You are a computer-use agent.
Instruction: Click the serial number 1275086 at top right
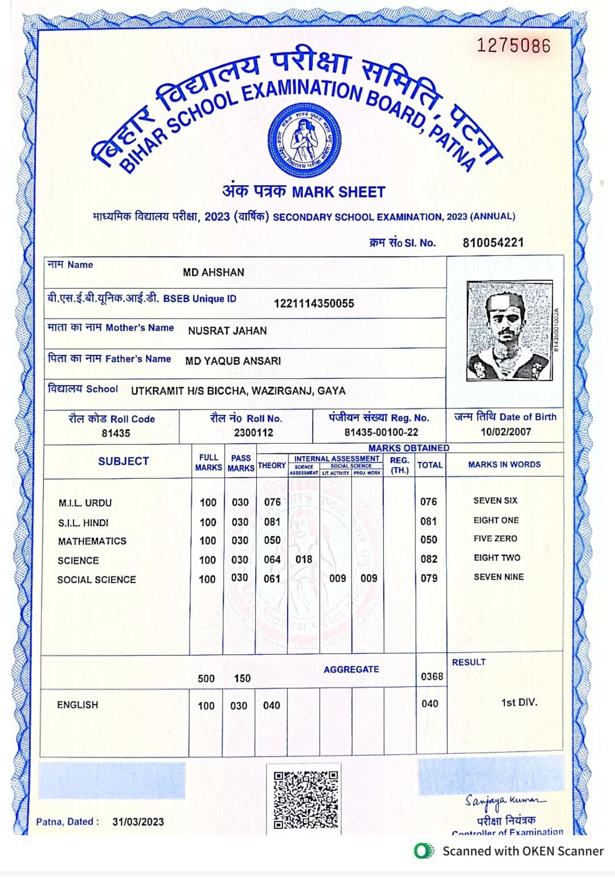click(x=513, y=46)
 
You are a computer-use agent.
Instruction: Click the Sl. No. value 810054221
click(x=493, y=243)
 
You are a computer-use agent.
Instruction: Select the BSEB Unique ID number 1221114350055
click(x=314, y=303)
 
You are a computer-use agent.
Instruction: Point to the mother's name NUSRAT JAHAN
click(x=227, y=330)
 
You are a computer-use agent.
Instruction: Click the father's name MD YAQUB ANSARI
click(x=233, y=361)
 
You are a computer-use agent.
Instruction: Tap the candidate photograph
click(x=509, y=330)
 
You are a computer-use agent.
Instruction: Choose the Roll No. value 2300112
click(x=253, y=432)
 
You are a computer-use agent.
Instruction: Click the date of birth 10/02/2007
click(x=506, y=431)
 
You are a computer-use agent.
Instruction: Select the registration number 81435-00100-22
click(x=381, y=432)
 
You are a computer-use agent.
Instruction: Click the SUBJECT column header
click(x=123, y=461)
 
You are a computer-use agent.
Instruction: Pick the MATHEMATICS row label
click(x=92, y=541)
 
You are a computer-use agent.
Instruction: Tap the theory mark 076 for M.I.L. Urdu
click(x=272, y=502)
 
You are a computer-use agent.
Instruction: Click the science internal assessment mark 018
click(x=304, y=559)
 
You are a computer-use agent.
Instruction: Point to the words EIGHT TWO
click(x=497, y=558)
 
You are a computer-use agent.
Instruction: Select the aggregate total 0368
click(x=432, y=676)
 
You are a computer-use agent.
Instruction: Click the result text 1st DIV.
click(x=519, y=702)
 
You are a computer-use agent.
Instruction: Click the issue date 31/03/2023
click(x=138, y=821)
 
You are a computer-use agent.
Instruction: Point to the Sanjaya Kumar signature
click(x=504, y=802)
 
